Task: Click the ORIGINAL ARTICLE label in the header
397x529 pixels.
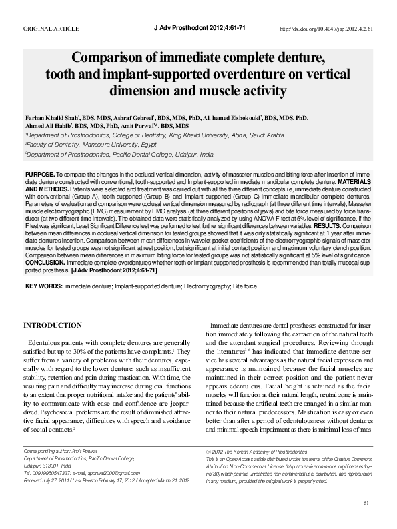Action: coord(51,29)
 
